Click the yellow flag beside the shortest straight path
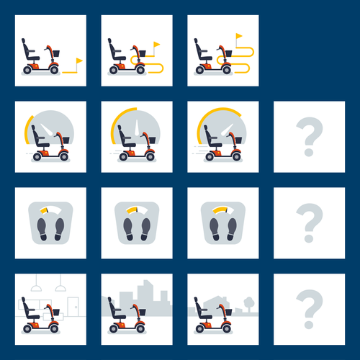[78, 61]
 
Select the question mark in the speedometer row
[309, 137]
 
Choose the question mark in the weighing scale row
[309, 223]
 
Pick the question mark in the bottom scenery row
[309, 310]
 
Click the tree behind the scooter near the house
[248, 302]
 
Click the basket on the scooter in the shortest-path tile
[61, 55]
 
